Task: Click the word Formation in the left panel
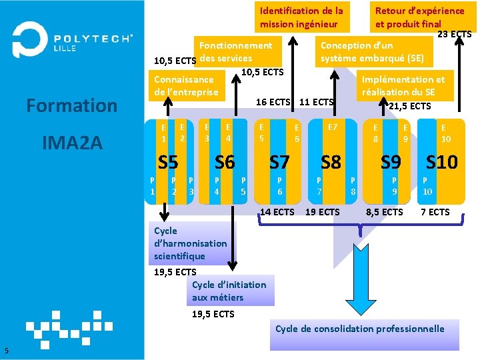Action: [x=71, y=105]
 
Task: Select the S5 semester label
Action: [x=167, y=162]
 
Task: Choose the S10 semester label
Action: [x=441, y=162]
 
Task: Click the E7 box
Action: [x=332, y=127]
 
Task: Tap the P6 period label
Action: [x=279, y=185]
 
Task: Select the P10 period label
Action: [x=427, y=185]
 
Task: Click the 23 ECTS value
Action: [x=454, y=34]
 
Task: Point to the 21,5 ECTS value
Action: [x=409, y=106]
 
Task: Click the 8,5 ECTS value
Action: [x=384, y=212]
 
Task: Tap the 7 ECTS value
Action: [x=435, y=212]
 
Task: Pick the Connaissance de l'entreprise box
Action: [x=186, y=85]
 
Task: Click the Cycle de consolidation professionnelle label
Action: [x=359, y=329]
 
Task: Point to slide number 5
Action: [x=6, y=351]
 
